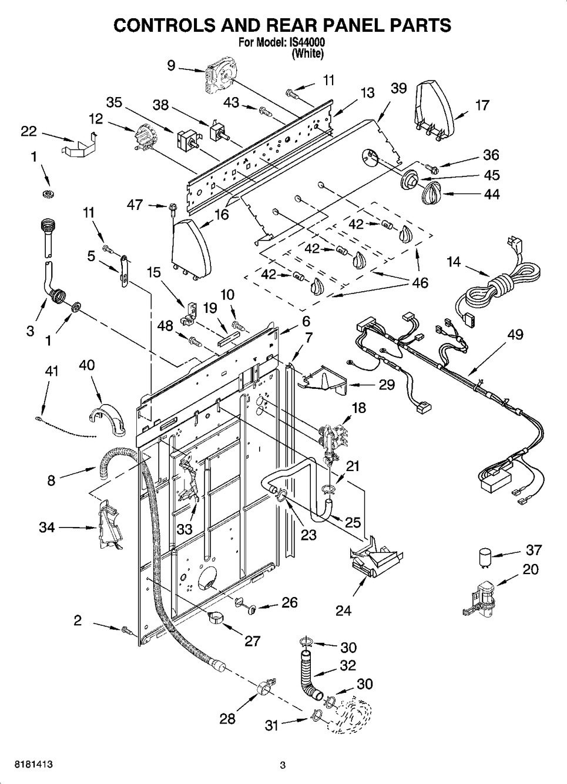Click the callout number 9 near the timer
pos(171,66)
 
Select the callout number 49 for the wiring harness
pos(515,335)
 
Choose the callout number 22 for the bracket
pos(29,131)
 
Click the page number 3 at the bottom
pos(283,765)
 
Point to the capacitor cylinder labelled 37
pos(485,556)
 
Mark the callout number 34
pos(47,527)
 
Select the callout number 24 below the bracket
pos(343,610)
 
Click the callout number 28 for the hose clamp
pos(227,718)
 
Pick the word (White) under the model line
pos(308,54)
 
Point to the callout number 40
pos(86,365)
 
